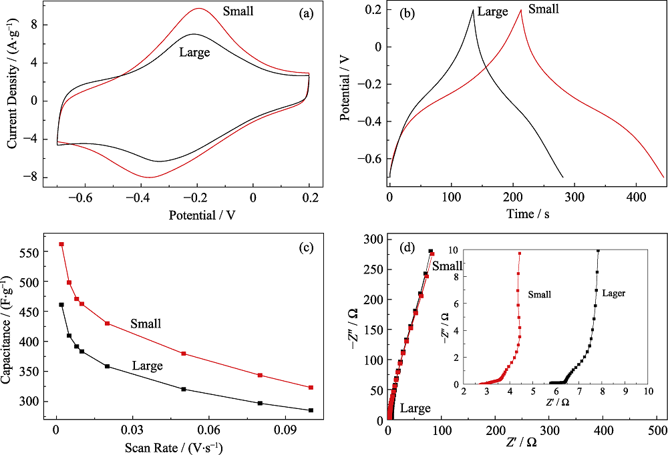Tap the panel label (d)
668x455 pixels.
tap(407, 248)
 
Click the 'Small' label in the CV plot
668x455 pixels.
tap(239, 11)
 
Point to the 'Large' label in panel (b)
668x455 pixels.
tap(494, 11)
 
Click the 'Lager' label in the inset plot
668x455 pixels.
tap(614, 293)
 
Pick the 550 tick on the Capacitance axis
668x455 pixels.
tap(35, 252)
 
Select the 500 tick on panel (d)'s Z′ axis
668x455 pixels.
tap(657, 432)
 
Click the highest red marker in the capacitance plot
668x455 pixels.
tap(61, 244)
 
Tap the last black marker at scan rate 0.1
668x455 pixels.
tap(311, 410)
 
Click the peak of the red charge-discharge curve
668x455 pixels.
tap(520, 10)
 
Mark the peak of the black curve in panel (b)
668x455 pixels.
tap(473, 10)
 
